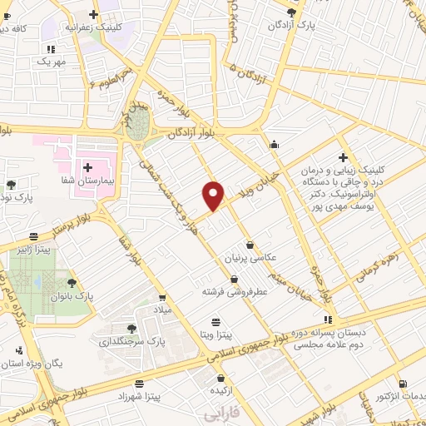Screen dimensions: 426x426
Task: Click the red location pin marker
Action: point(214,196)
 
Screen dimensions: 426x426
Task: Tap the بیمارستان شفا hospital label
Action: point(99,180)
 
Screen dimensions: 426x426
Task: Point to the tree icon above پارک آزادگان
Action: point(290,12)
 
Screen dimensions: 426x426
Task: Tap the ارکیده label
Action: point(220,389)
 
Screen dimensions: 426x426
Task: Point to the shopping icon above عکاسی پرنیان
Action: point(250,245)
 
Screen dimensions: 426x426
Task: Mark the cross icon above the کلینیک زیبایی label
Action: point(343,157)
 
